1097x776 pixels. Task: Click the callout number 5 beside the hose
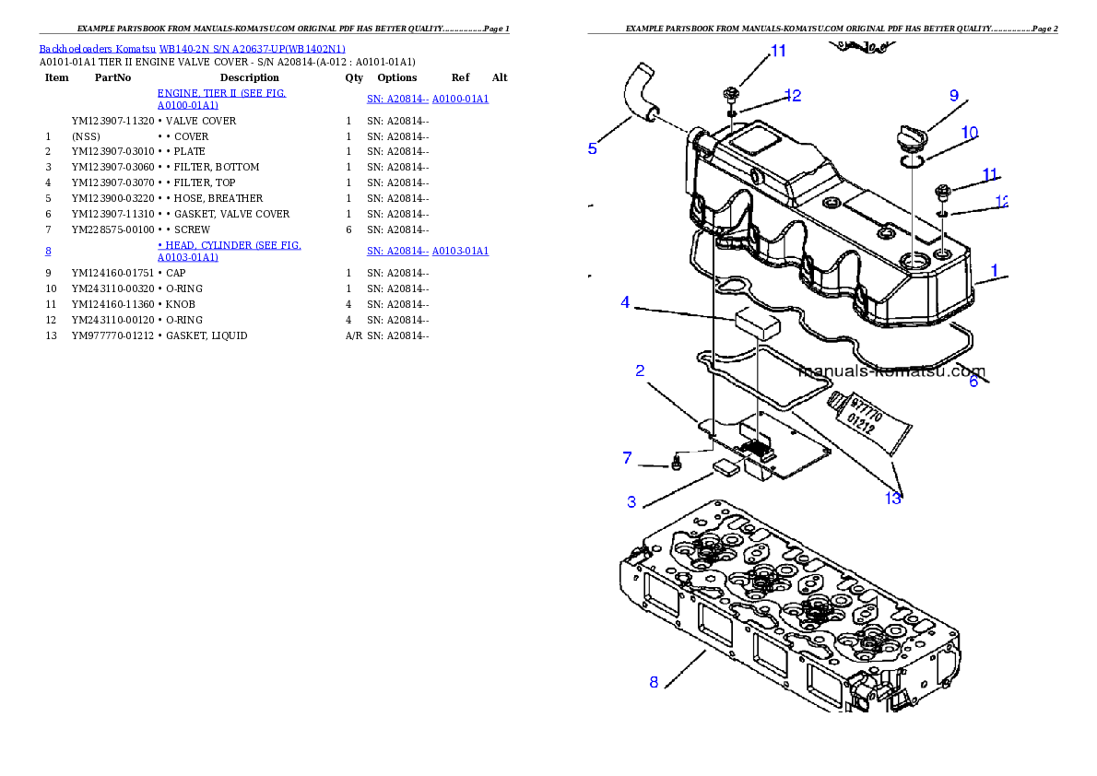click(593, 148)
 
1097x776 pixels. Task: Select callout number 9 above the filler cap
click(953, 96)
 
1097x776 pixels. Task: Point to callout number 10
click(970, 133)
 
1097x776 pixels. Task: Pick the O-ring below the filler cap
click(913, 162)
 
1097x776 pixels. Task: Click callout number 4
click(625, 302)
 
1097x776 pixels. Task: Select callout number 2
click(640, 370)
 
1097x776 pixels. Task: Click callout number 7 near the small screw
click(627, 457)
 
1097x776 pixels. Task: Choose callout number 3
click(631, 502)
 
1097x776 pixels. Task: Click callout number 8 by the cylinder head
click(654, 682)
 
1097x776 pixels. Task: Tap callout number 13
click(892, 499)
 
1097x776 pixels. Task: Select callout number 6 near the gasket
click(973, 382)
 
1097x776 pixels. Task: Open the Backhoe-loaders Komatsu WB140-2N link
click(192, 49)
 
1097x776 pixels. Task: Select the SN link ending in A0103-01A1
click(428, 251)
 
